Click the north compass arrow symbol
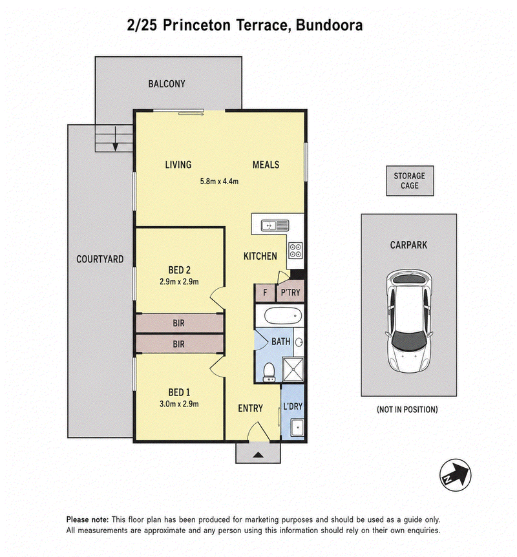[455, 476]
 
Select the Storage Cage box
[410, 180]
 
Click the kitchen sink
[275, 226]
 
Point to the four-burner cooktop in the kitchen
[295, 249]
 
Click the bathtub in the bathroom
[283, 316]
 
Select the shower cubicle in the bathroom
[293, 370]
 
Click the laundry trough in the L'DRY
[297, 427]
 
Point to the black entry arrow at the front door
[258, 454]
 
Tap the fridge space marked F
[265, 293]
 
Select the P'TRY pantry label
[291, 292]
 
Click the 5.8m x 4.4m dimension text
[219, 181]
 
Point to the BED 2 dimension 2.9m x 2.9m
[179, 282]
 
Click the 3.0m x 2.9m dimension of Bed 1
[179, 404]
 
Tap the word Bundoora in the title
[330, 25]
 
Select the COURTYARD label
[100, 259]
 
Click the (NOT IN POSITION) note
[407, 410]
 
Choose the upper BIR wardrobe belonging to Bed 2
[180, 323]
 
